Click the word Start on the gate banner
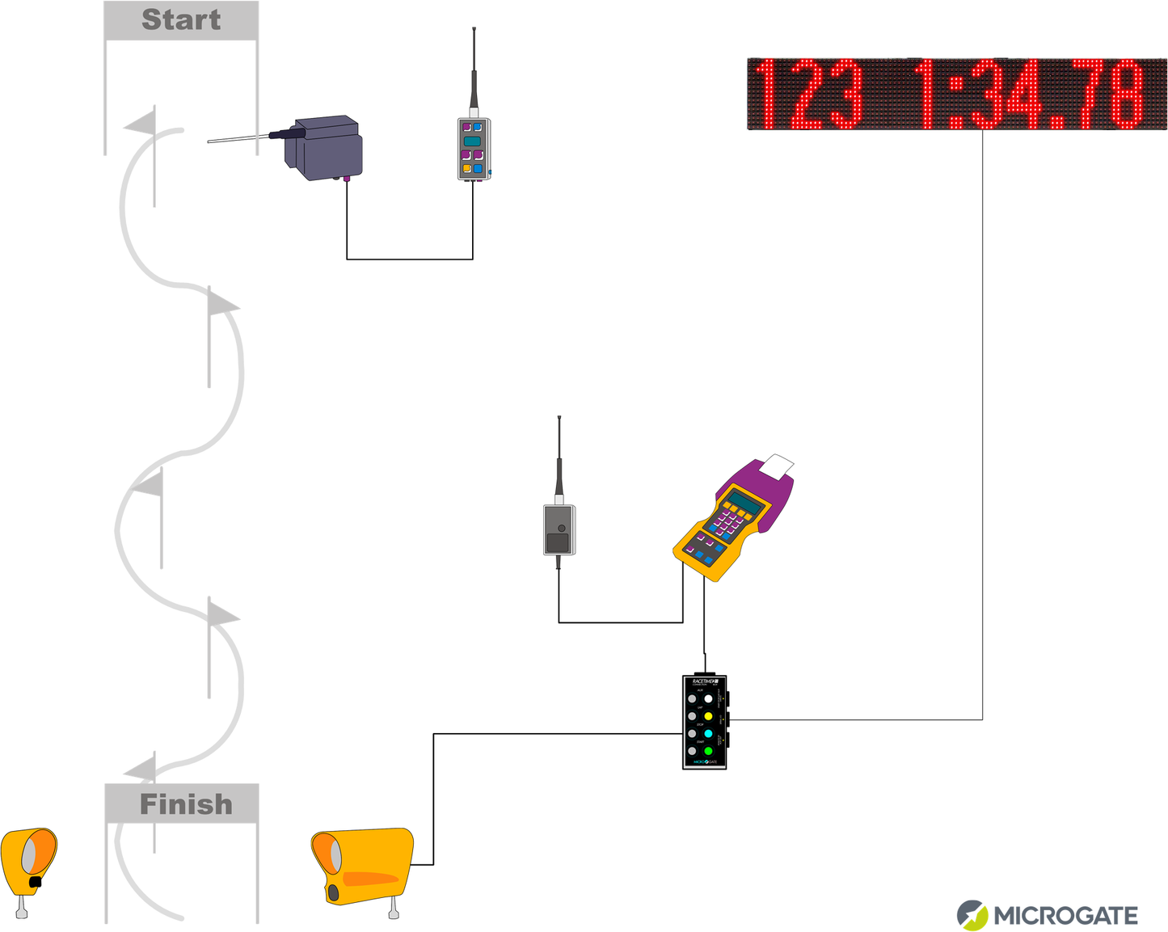point(181,20)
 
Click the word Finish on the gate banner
point(185,804)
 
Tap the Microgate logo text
point(1065,916)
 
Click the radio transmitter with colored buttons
point(474,149)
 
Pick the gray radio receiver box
point(559,530)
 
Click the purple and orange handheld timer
point(732,517)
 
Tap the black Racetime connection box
point(705,722)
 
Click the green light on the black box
point(708,752)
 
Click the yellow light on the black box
point(708,716)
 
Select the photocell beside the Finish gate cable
point(364,865)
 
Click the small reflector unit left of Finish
point(29,862)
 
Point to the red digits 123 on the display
point(808,95)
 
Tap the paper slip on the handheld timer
point(778,466)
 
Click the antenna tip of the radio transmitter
point(474,31)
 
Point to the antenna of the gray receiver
point(559,461)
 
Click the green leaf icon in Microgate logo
point(972,916)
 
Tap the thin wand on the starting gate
point(238,139)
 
